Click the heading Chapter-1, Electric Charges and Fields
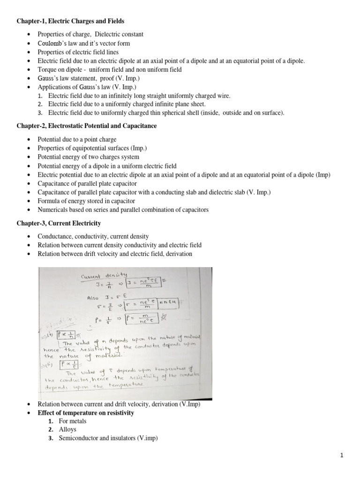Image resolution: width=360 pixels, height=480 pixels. (71, 21)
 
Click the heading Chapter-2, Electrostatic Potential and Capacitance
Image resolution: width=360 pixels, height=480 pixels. (87, 126)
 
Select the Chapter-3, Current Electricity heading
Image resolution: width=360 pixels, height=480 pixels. (59, 223)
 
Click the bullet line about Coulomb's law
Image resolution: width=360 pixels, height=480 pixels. (84, 43)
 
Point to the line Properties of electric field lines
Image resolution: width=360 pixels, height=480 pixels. (78, 52)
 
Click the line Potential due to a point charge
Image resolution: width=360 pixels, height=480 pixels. (77, 139)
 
